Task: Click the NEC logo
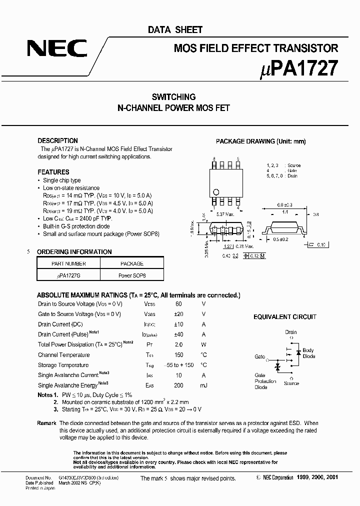[57, 49]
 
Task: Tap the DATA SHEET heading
[175, 30]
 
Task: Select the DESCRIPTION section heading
[58, 141]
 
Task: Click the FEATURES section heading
[53, 172]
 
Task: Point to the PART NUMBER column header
[69, 263]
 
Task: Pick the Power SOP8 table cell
[132, 275]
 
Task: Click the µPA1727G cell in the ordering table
[69, 275]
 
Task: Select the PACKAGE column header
[132, 263]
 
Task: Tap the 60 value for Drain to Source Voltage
[178, 304]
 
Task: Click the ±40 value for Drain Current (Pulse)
[178, 334]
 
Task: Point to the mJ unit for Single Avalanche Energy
[203, 385]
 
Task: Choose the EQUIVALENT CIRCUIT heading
[285, 317]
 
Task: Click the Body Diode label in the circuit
[308, 353]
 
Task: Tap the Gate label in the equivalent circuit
[259, 357]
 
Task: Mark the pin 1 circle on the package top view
[216, 191]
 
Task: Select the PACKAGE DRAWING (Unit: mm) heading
[260, 141]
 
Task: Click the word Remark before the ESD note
[46, 423]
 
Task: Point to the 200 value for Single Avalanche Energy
[178, 385]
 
